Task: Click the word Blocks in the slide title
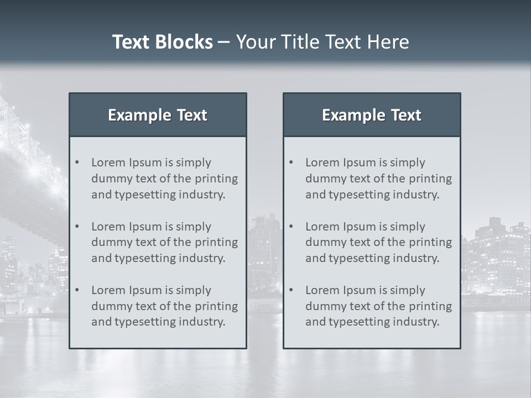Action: coord(184,42)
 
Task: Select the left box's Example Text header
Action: coord(158,115)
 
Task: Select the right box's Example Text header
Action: coord(372,115)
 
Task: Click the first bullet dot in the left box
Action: coord(77,163)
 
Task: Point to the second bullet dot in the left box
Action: coord(77,227)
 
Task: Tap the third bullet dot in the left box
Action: coord(77,290)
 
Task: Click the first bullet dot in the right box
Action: coord(291,163)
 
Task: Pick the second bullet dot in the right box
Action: coord(291,227)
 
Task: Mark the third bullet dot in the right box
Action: coord(291,290)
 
